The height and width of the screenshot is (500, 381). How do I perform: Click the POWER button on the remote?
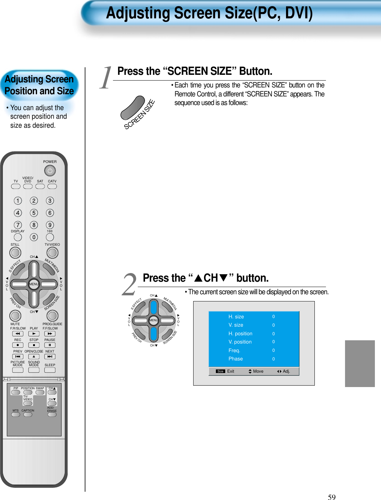tap(50, 171)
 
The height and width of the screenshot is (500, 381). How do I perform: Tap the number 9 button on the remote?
tap(50, 225)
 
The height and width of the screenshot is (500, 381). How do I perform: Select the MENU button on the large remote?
tap(34, 284)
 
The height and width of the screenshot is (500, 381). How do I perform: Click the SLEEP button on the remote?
tap(50, 370)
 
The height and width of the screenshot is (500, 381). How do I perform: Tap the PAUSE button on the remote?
tap(50, 345)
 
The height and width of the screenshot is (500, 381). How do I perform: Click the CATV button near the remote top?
tap(52, 186)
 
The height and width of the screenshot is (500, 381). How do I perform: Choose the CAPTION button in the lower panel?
tap(28, 415)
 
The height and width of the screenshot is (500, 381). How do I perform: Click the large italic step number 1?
tap(105, 78)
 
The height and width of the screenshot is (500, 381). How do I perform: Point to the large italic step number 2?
tap(129, 285)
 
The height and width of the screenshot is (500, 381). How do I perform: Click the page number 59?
tap(331, 497)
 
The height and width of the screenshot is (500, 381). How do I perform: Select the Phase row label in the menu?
tap(236, 359)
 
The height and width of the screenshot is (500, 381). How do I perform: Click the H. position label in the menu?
tap(240, 333)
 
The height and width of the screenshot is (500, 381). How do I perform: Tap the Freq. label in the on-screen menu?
tap(234, 350)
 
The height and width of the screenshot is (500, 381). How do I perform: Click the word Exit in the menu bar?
tap(231, 371)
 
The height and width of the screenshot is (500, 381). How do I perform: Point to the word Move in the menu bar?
tap(258, 371)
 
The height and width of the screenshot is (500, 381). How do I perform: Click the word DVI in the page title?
tap(298, 13)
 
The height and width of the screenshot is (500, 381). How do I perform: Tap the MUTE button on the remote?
tap(15, 315)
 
